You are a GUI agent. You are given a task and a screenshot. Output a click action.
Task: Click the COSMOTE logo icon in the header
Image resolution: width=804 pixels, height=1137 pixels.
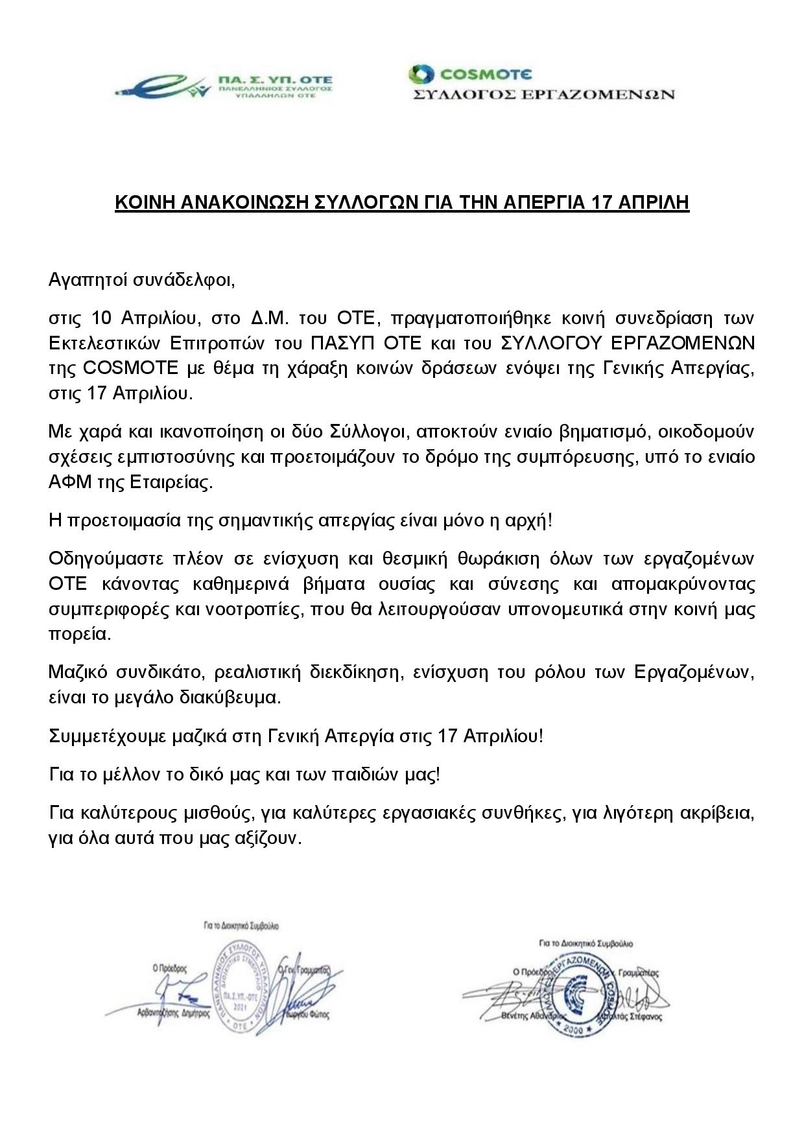[x=420, y=74]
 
